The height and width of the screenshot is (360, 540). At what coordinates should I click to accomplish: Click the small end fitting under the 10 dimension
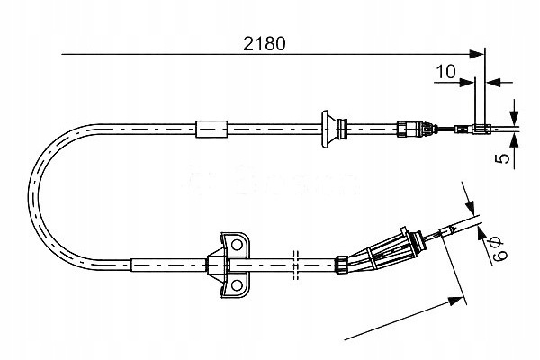tap(481, 129)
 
